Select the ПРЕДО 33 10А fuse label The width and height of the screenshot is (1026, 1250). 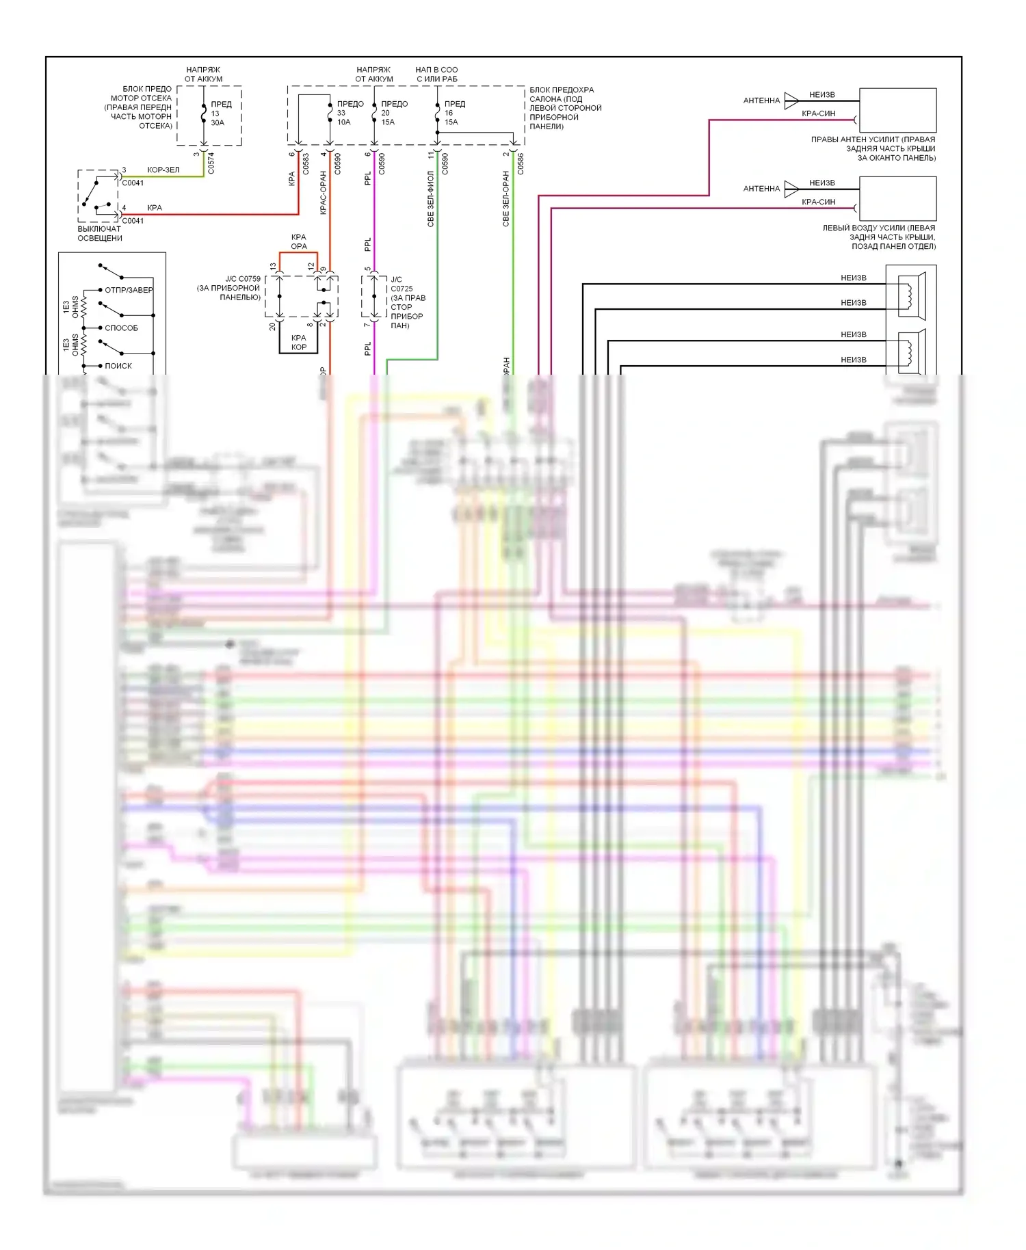click(350, 113)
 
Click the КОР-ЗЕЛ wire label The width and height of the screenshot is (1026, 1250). click(163, 170)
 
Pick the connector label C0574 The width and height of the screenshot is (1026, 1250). click(211, 163)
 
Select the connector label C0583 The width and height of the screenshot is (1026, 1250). click(306, 163)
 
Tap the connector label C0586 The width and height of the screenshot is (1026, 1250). click(521, 163)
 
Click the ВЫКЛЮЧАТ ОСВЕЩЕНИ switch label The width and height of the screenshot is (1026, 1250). click(100, 233)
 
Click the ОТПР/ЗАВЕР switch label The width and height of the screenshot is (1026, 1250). click(129, 290)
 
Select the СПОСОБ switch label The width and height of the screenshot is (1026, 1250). click(121, 328)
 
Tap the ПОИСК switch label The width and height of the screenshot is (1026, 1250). click(118, 366)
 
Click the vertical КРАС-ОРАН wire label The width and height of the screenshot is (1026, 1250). click(323, 193)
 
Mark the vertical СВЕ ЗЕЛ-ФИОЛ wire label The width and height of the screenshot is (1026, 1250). click(430, 199)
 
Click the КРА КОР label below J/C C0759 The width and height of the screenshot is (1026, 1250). click(299, 343)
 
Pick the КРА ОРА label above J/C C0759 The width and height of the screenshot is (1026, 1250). click(299, 241)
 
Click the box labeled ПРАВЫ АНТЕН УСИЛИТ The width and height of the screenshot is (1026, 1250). click(897, 110)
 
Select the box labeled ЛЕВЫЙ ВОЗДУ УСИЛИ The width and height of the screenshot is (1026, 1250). click(897, 198)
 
